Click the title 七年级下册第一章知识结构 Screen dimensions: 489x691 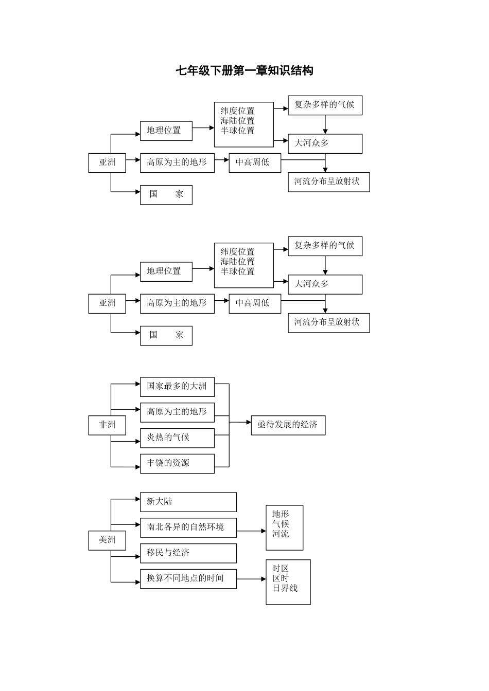244,70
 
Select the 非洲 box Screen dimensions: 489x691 107,425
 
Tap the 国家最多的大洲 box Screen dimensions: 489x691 177,387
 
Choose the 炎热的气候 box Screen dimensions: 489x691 177,438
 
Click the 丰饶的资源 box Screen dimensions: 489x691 177,464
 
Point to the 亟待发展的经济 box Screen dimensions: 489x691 288,425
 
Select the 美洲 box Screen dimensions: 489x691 107,540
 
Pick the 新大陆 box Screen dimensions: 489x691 188,502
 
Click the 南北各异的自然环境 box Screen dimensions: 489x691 188,528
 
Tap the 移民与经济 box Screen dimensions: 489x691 188,553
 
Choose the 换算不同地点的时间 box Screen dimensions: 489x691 188,579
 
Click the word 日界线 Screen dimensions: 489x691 285,588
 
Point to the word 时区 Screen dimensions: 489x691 281,568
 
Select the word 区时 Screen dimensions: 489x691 281,578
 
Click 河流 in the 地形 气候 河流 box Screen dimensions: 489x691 281,534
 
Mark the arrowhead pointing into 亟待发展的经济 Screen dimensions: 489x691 249,422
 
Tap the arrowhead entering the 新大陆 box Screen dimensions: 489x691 138,499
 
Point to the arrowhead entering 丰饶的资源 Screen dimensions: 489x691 138,467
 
